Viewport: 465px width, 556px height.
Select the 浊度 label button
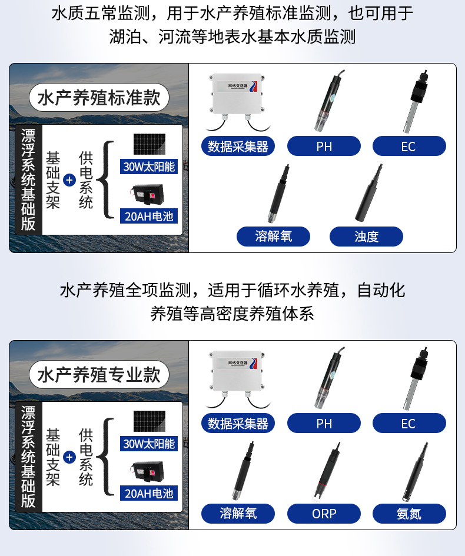pyautogui.click(x=366, y=237)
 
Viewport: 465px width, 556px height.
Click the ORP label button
pyautogui.click(x=324, y=514)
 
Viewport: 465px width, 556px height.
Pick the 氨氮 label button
pyautogui.click(x=409, y=514)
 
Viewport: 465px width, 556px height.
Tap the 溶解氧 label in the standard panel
pyautogui.click(x=274, y=237)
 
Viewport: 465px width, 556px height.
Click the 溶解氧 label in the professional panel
pyautogui.click(x=238, y=514)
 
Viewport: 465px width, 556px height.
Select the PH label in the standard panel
pyautogui.click(x=324, y=146)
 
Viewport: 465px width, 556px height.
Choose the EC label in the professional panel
pyautogui.click(x=409, y=423)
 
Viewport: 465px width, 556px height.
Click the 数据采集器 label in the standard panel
pyautogui.click(x=238, y=146)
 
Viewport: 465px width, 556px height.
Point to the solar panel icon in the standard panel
pyautogui.click(x=149, y=145)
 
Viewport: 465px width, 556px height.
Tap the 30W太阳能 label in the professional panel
pyautogui.click(x=149, y=444)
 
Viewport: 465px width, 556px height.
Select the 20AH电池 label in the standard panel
pyautogui.click(x=149, y=217)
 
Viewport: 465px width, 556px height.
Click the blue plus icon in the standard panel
pyautogui.click(x=69, y=180)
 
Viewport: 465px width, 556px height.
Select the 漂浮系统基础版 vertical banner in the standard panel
pyautogui.click(x=28, y=180)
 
